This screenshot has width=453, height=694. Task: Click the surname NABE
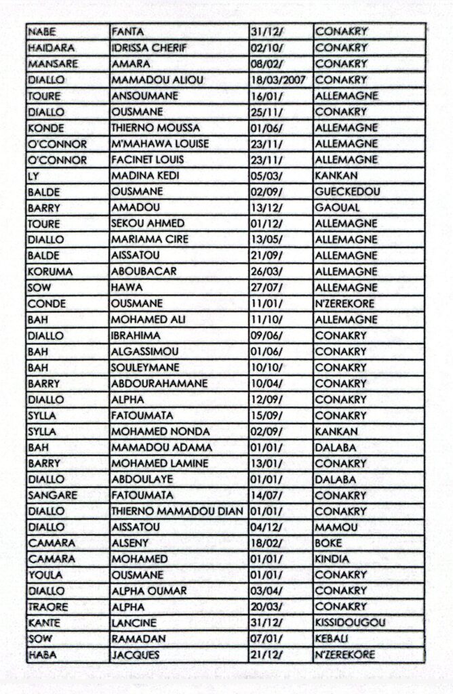(42, 32)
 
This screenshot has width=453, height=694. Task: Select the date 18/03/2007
(278, 80)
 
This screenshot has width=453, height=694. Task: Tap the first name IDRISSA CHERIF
(153, 48)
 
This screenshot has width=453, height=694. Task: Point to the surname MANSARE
(53, 64)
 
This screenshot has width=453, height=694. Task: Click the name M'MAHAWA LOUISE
(160, 144)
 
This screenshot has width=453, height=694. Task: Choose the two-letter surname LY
(33, 176)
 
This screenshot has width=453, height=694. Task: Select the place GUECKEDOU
(347, 192)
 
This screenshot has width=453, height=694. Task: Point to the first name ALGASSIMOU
(145, 352)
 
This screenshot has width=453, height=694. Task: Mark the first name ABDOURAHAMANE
(159, 384)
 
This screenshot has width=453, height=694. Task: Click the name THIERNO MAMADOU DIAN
(177, 511)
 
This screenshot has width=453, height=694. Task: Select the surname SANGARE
(52, 495)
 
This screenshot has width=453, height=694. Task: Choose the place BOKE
(329, 543)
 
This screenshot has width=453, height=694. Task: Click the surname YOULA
(45, 575)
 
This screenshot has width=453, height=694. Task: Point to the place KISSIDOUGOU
(350, 623)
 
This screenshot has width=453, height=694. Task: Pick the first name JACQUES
(136, 655)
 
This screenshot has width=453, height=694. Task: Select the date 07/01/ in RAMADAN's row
(267, 639)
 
